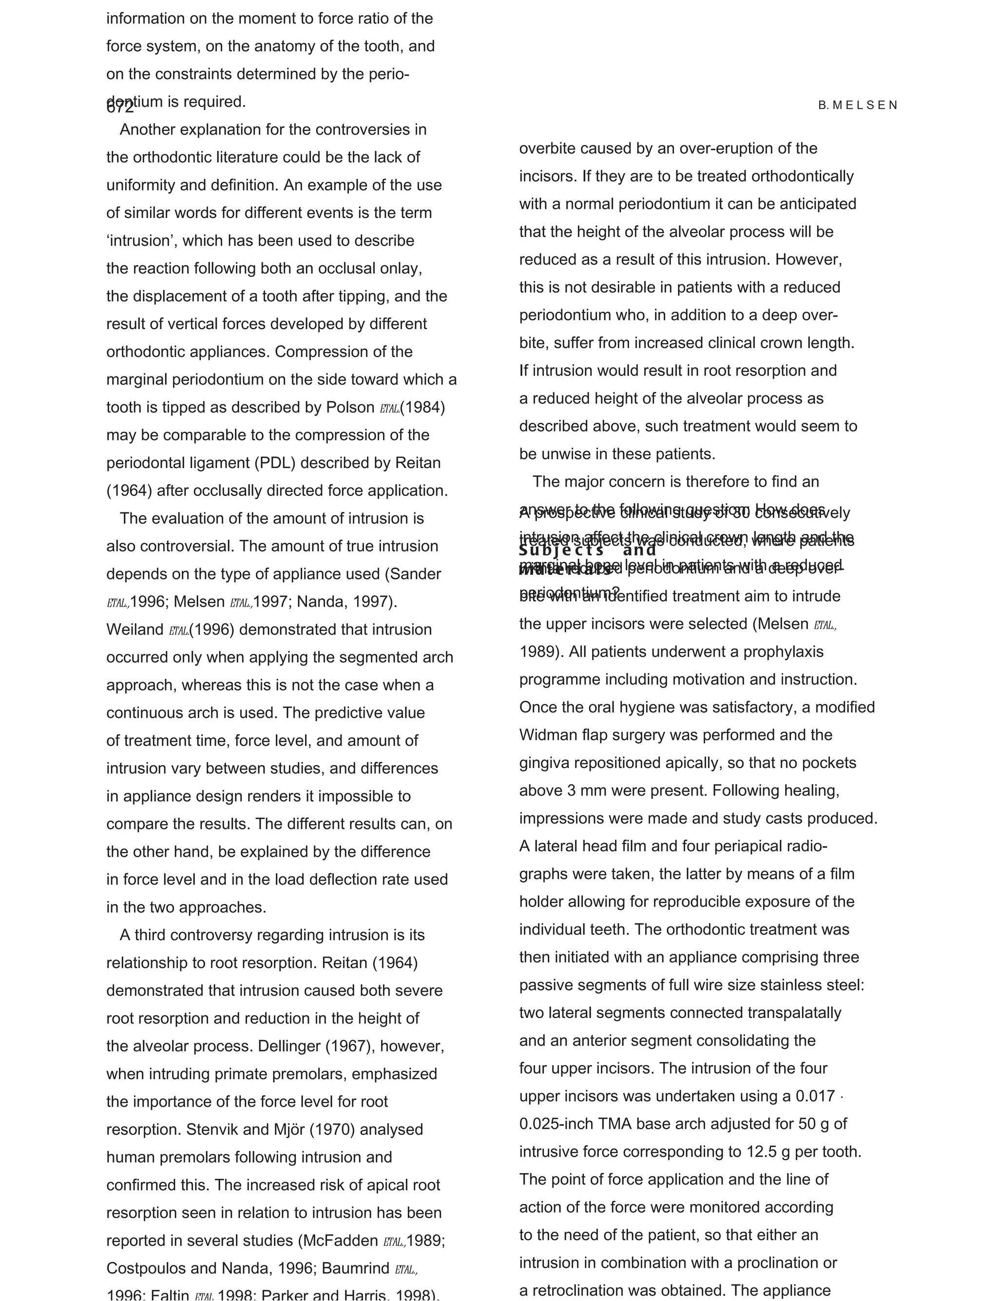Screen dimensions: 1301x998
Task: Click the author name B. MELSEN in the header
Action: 857,105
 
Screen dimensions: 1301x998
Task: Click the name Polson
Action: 350,408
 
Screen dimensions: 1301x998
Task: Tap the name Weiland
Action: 135,630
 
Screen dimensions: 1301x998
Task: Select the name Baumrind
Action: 356,1268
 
